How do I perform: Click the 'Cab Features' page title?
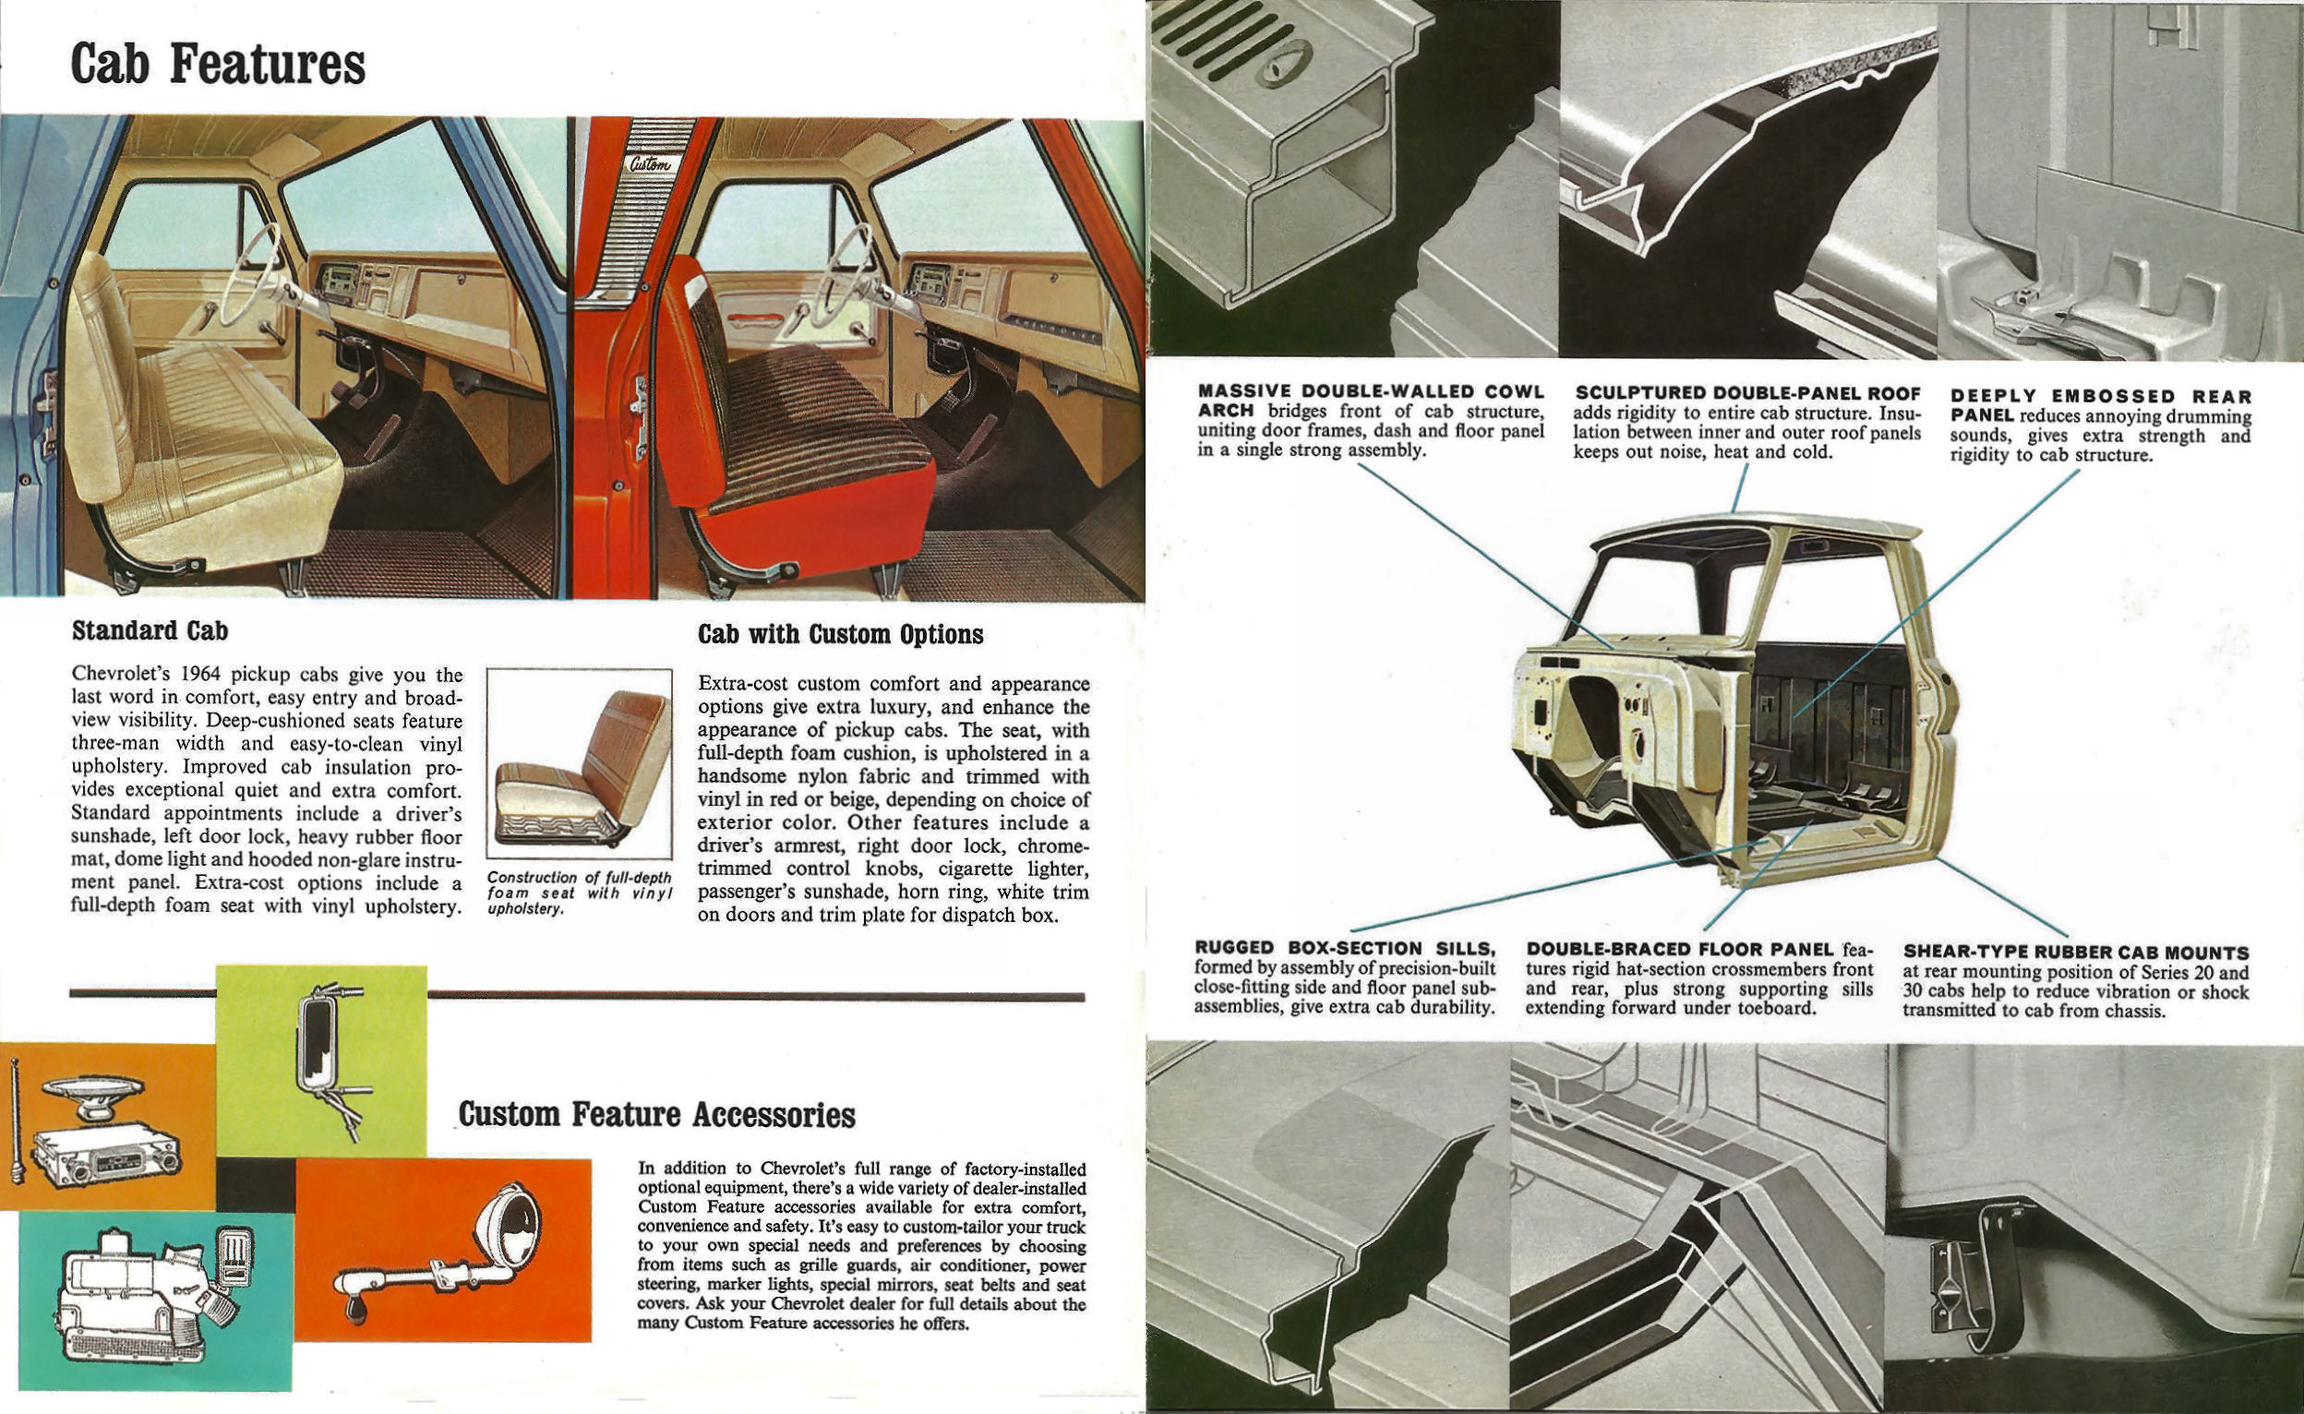(x=217, y=64)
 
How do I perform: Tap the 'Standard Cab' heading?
(x=150, y=630)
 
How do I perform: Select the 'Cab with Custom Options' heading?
(x=840, y=634)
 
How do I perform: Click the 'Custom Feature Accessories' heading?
(x=656, y=1115)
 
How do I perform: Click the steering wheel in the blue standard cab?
(x=250, y=271)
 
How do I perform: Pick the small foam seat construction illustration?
(x=580, y=765)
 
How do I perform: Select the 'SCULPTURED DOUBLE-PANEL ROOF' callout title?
(x=1746, y=394)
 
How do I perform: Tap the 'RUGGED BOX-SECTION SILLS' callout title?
(x=1345, y=948)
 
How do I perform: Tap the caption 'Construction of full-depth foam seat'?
(x=580, y=886)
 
